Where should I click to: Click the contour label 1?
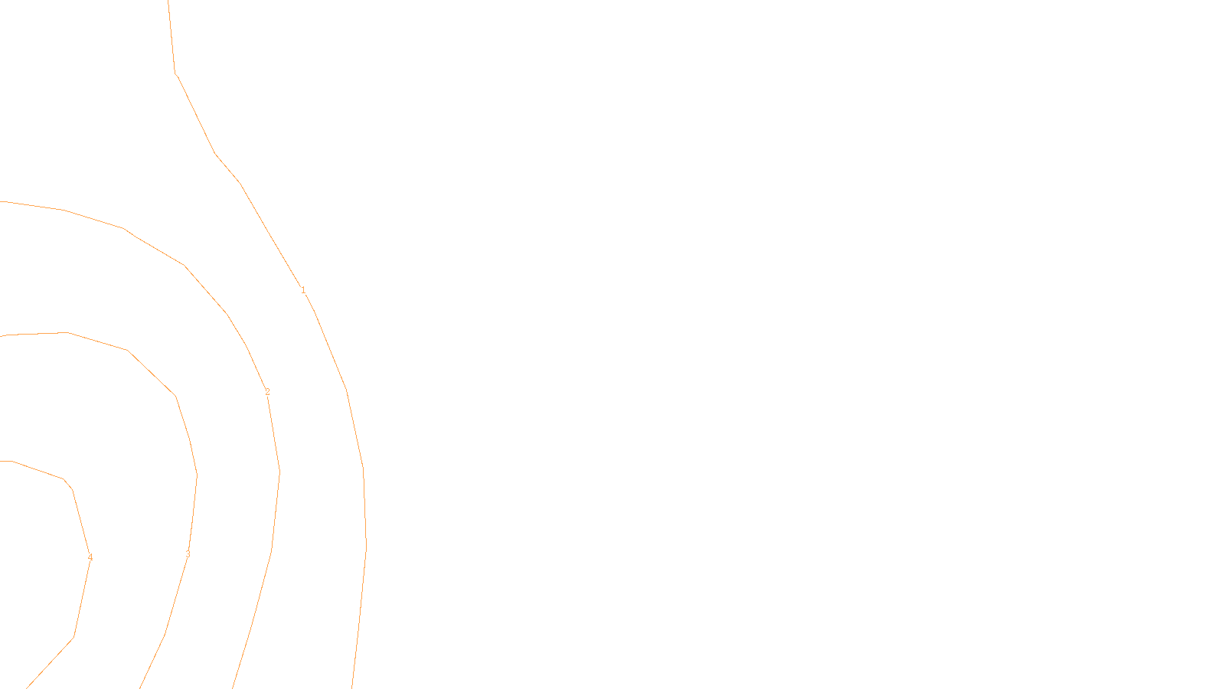pyautogui.click(x=303, y=290)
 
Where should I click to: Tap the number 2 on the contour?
pyautogui.click(x=267, y=393)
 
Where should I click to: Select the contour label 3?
pyautogui.click(x=188, y=555)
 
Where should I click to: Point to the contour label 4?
pyautogui.click(x=90, y=558)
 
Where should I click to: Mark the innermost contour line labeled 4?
pyautogui.click(x=73, y=490)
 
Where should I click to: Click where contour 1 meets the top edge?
pyautogui.click(x=168, y=2)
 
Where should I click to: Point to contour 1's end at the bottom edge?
pyautogui.click(x=352, y=687)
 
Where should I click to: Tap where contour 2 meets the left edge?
pyautogui.click(x=2, y=202)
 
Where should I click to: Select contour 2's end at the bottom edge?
pyautogui.click(x=233, y=687)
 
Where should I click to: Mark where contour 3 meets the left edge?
pyautogui.click(x=2, y=336)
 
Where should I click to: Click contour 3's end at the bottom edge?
pyautogui.click(x=141, y=687)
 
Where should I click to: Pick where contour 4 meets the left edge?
pyautogui.click(x=2, y=461)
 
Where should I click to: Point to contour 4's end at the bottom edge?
pyautogui.click(x=28, y=687)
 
